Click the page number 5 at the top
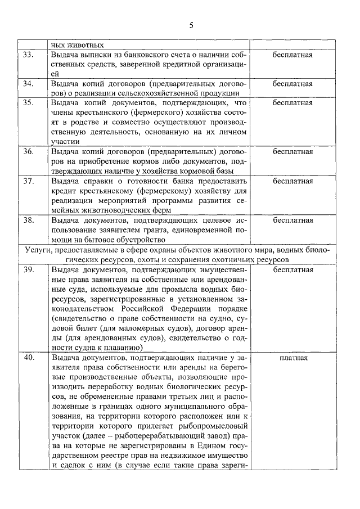click(x=191, y=26)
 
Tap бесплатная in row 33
click(x=292, y=55)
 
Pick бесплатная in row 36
click(x=292, y=152)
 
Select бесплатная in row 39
click(x=292, y=269)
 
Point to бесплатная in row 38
click(x=292, y=220)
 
